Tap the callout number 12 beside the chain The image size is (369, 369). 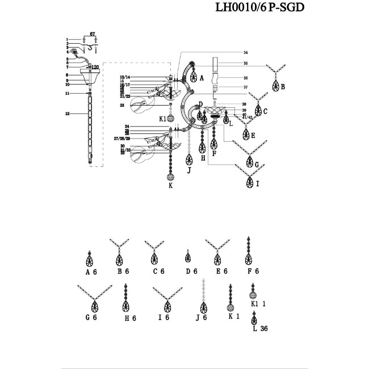tap(67, 114)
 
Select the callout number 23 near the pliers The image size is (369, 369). tap(122, 105)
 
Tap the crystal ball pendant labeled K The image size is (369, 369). tap(170, 175)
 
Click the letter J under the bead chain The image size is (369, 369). tap(188, 169)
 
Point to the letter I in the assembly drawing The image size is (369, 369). tap(257, 184)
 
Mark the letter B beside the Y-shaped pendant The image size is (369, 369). tap(283, 87)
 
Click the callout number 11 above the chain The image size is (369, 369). tap(67, 93)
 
